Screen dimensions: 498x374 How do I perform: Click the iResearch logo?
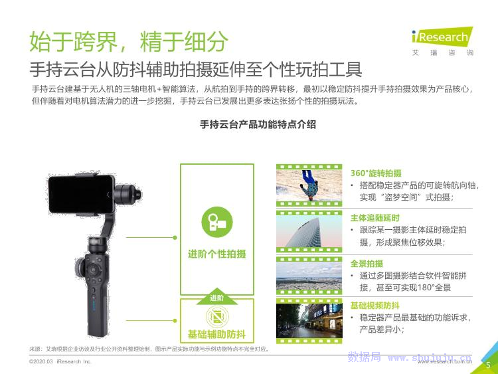coord(442,41)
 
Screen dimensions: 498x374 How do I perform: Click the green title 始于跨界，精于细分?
coord(129,41)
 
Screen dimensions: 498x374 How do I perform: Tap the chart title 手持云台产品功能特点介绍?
coord(258,124)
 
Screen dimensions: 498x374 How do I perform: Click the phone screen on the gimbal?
coord(81,194)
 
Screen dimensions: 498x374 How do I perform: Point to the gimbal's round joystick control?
coord(93,270)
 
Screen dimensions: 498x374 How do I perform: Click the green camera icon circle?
coord(217,222)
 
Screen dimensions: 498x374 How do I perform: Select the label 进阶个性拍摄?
coord(217,254)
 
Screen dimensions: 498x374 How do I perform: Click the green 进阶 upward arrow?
coord(217,296)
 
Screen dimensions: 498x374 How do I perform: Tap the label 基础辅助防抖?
coord(217,334)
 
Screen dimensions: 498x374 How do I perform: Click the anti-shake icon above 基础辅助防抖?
coord(217,316)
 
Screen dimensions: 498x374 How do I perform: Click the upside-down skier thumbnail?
coord(309,185)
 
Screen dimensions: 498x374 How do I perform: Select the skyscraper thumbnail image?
coord(309,231)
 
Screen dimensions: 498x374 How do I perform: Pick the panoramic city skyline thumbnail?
coord(309,276)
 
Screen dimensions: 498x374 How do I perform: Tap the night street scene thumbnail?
coord(309,321)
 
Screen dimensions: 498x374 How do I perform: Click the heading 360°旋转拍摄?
coord(376,173)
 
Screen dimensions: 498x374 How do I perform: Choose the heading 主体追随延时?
coord(374,218)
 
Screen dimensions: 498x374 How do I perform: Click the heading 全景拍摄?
coord(367,264)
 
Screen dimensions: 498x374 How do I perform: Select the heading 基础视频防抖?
coord(374,306)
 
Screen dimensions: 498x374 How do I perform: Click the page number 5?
coord(488,365)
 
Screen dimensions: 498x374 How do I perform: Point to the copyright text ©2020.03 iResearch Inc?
coord(60,361)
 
